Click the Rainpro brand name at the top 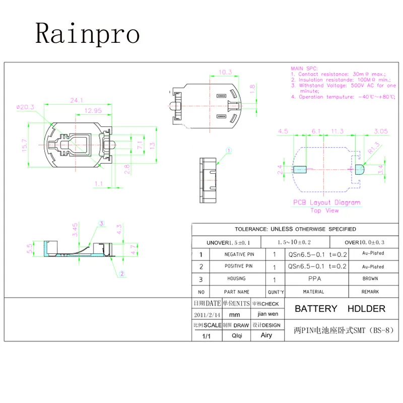pyautogui.click(x=87, y=34)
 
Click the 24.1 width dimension pyautogui.click(x=77, y=100)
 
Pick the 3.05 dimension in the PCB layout pyautogui.click(x=380, y=131)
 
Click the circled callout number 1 pyautogui.click(x=228, y=150)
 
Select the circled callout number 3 pyautogui.click(x=101, y=224)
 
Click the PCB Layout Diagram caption pyautogui.click(x=327, y=203)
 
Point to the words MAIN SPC pyautogui.click(x=303, y=68)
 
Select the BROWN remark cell pyautogui.click(x=373, y=279)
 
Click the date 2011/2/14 pyautogui.click(x=207, y=314)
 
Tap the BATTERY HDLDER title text pyautogui.click(x=340, y=309)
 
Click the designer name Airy pyautogui.click(x=266, y=335)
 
